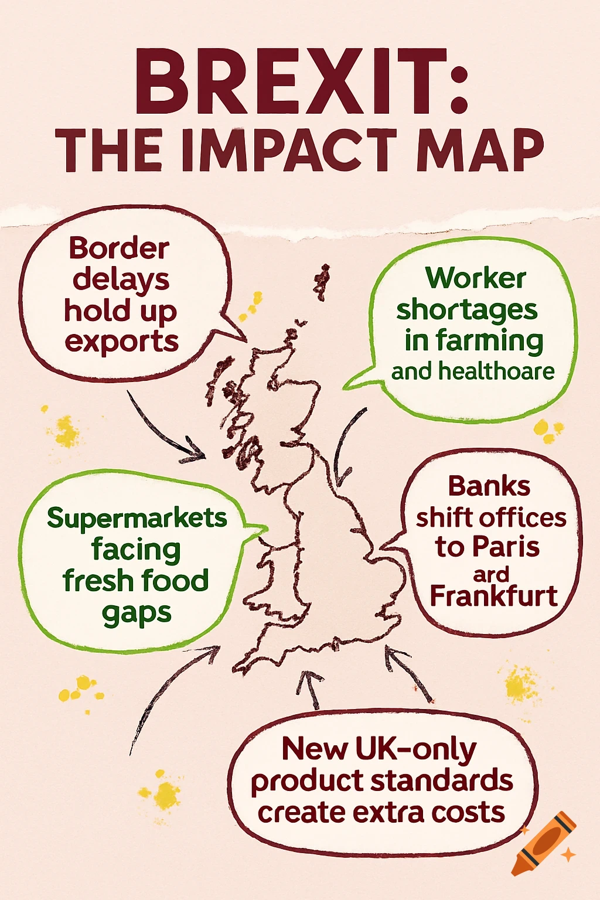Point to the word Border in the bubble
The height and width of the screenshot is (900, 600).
click(119, 248)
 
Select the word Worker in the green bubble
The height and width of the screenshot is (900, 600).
click(475, 278)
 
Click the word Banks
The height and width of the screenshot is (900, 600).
click(489, 486)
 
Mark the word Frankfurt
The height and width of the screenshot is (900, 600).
click(493, 596)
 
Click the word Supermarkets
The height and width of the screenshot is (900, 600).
click(137, 518)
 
